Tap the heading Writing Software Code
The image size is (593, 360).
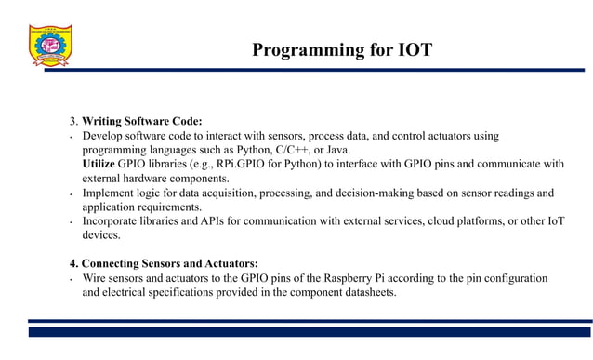(141, 122)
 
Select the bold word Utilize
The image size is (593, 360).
(99, 164)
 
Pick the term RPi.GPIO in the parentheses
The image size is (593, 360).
(229, 164)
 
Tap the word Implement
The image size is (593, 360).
(111, 193)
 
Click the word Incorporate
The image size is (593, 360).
(115, 221)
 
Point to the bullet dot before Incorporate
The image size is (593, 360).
(72, 224)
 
